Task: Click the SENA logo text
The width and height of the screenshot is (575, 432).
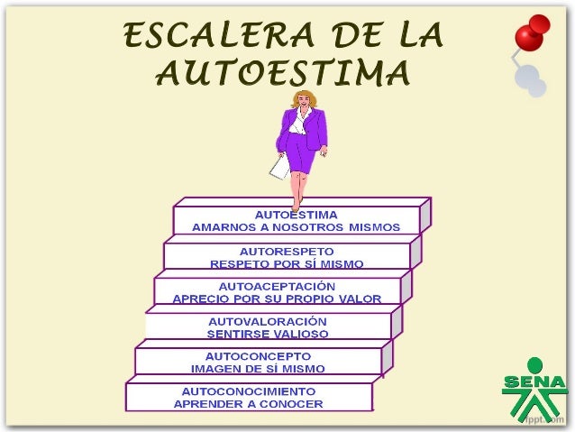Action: click(534, 383)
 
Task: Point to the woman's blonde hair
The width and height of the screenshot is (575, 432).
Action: click(299, 100)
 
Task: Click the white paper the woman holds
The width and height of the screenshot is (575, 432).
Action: click(280, 167)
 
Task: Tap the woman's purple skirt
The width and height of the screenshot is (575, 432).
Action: click(301, 159)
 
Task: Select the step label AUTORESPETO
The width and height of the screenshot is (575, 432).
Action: click(287, 251)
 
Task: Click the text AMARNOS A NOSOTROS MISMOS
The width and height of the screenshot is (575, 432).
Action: click(296, 227)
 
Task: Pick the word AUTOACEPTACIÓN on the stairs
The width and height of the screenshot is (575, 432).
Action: click(277, 286)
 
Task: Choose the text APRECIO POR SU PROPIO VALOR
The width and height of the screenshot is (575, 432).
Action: click(277, 299)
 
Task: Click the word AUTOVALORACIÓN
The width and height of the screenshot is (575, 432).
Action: click(268, 321)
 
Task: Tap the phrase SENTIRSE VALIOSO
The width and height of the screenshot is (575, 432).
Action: click(268, 334)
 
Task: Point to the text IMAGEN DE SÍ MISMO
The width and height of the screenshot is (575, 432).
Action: click(258, 369)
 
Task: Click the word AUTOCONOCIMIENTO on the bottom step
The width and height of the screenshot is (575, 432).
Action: click(249, 391)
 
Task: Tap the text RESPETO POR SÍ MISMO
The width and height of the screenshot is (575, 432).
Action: click(287, 264)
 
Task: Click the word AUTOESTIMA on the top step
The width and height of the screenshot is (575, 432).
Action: click(297, 215)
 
